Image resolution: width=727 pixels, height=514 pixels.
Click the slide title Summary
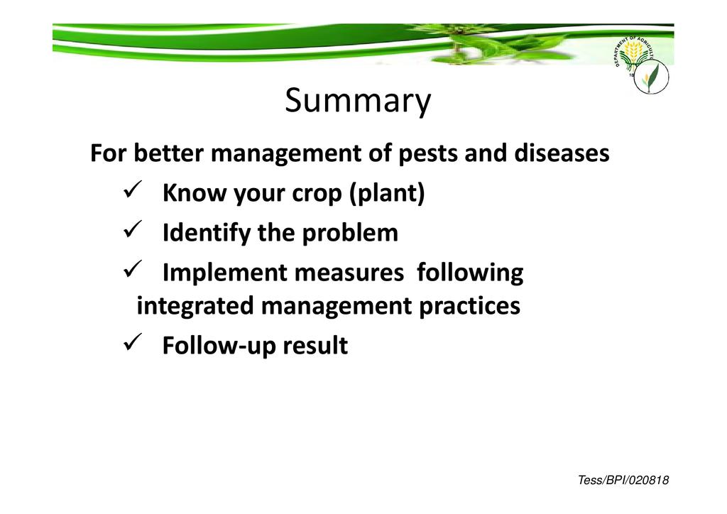point(358,101)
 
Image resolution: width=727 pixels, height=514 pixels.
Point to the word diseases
point(562,153)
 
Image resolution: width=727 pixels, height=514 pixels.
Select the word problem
point(350,233)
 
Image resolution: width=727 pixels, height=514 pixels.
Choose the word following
point(470,273)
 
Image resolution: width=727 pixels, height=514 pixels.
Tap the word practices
point(469,307)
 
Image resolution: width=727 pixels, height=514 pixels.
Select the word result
point(315,346)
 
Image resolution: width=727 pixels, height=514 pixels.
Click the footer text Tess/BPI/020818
point(623,480)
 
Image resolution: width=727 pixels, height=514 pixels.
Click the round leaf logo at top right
point(651,77)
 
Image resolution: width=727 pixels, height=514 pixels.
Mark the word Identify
point(207,233)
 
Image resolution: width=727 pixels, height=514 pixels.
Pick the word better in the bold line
point(169,153)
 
